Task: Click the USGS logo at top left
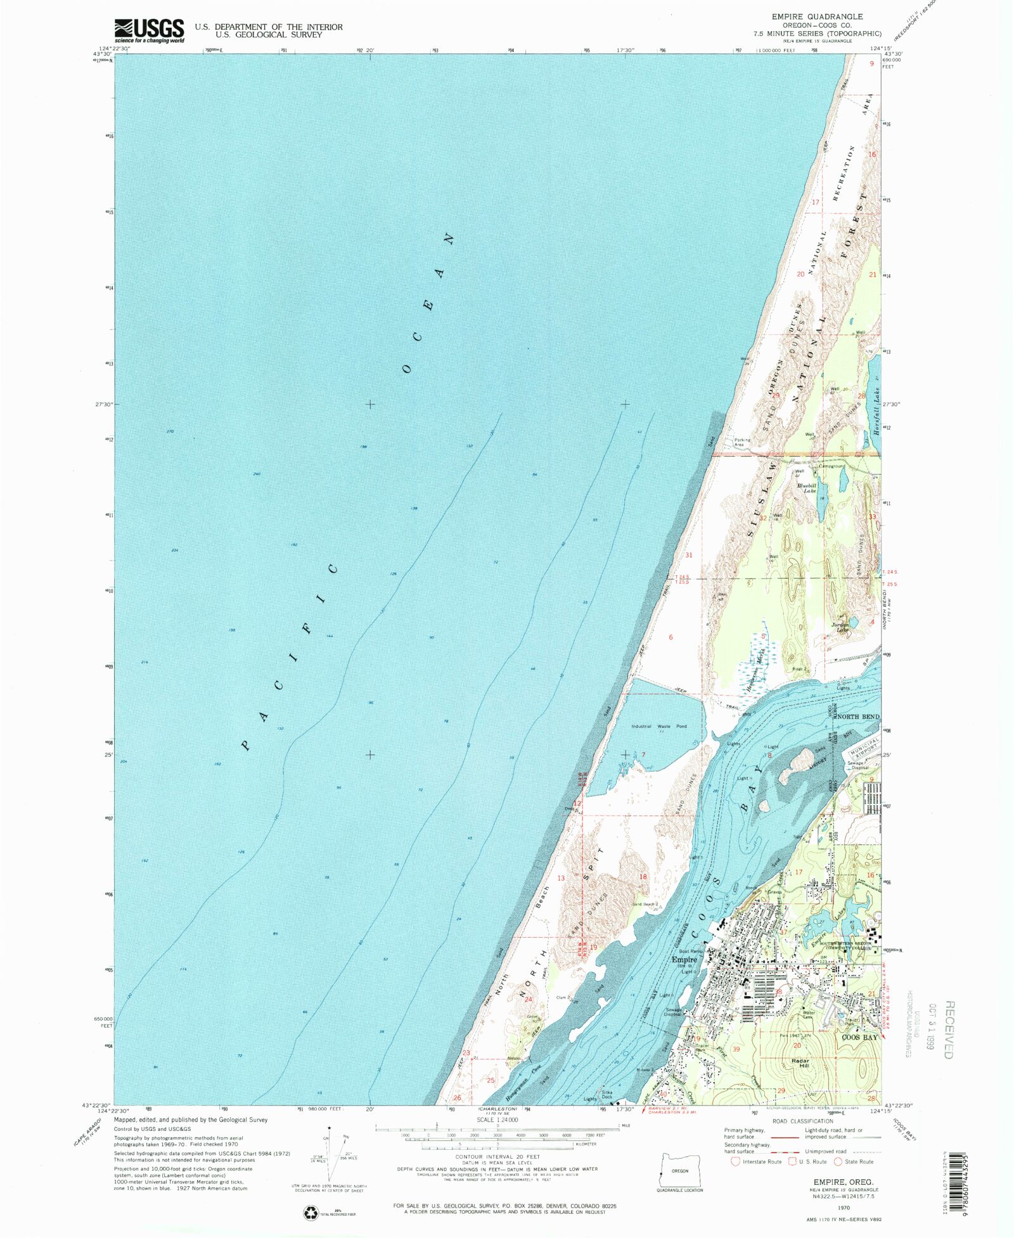pyautogui.click(x=149, y=30)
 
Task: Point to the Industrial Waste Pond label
pyautogui.click(x=658, y=726)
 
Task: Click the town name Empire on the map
pyautogui.click(x=684, y=959)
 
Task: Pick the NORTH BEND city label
pyautogui.click(x=858, y=717)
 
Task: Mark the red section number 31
pyautogui.click(x=689, y=555)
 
